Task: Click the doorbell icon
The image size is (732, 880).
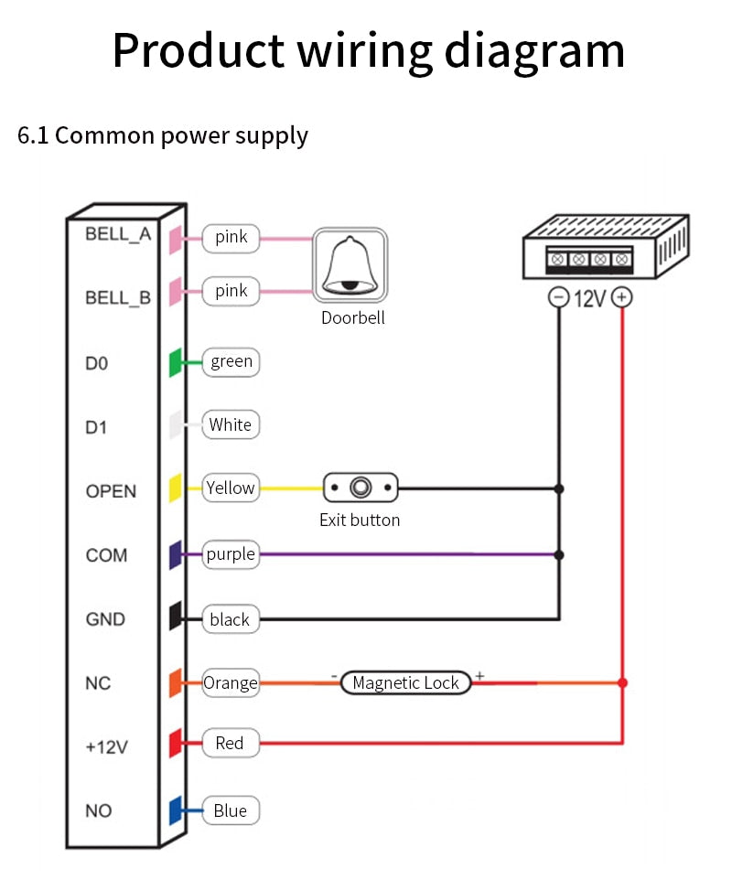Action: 350,264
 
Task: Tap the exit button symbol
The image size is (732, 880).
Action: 361,488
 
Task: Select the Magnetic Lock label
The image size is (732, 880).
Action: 405,682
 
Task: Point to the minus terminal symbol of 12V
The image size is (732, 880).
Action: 558,297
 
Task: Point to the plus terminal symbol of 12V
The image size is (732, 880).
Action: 622,297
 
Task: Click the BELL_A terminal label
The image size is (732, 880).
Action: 118,233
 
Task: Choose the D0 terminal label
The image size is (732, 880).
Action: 97,363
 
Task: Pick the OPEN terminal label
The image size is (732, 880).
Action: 111,491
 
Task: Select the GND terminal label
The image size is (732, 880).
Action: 105,619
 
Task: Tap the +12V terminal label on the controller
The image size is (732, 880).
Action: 106,747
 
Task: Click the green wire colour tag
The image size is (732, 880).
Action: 231,361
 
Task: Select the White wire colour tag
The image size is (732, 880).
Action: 231,424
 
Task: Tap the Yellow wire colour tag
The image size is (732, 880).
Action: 231,488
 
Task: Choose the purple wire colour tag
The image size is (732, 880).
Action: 231,553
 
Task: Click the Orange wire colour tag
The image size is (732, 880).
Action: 231,682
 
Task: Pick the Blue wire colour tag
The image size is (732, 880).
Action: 231,810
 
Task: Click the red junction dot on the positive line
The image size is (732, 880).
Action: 622,682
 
